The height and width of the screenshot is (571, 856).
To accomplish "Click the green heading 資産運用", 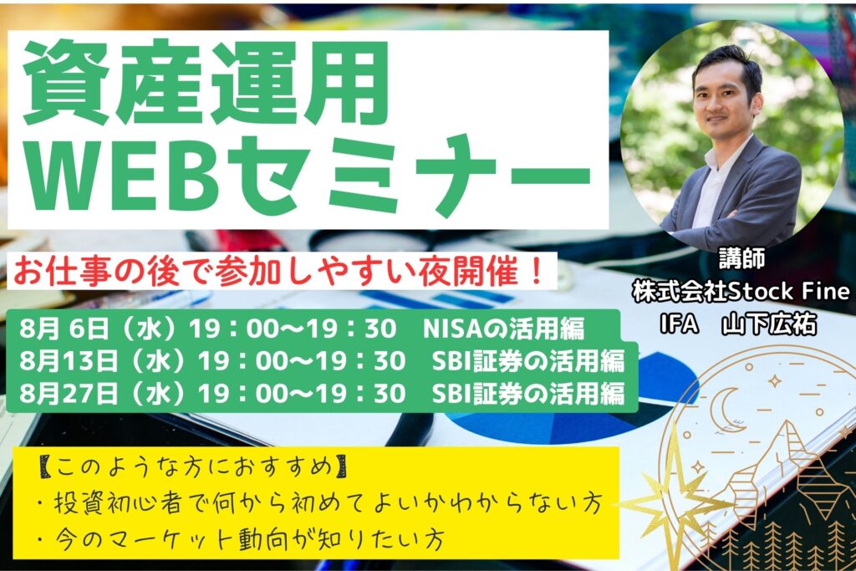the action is [206, 83].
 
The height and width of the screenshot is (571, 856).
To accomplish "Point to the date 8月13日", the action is [69, 361].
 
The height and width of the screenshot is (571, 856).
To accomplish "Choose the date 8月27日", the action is [69, 394].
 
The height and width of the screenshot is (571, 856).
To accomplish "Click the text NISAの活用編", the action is [503, 329].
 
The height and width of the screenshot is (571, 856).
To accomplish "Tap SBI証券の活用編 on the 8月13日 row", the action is [528, 361].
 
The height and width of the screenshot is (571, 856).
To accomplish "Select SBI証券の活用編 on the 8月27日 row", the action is [528, 394].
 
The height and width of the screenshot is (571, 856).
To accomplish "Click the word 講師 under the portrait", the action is [741, 259].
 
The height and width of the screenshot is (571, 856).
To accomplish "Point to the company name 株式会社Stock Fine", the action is [741, 292].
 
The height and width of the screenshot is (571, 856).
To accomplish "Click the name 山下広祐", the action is [769, 324].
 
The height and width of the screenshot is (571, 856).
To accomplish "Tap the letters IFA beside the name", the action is [679, 324].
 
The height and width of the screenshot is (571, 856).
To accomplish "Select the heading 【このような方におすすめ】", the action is [193, 468].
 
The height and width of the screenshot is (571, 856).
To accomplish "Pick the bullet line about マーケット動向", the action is [241, 539].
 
